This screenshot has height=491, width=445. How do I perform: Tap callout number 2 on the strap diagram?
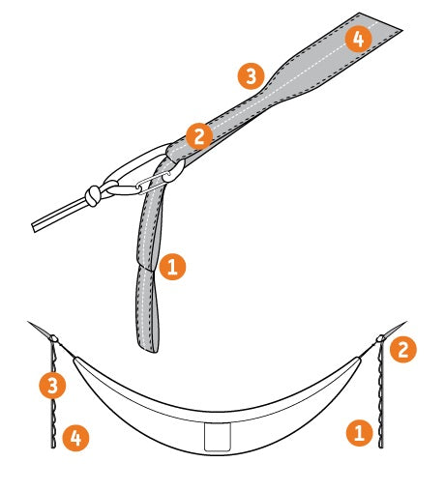pos(198,136)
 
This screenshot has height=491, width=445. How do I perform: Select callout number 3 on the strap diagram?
pos(252,76)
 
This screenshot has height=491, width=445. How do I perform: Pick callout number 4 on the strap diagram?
pos(358,40)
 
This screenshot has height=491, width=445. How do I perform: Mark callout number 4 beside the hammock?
pos(75,440)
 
